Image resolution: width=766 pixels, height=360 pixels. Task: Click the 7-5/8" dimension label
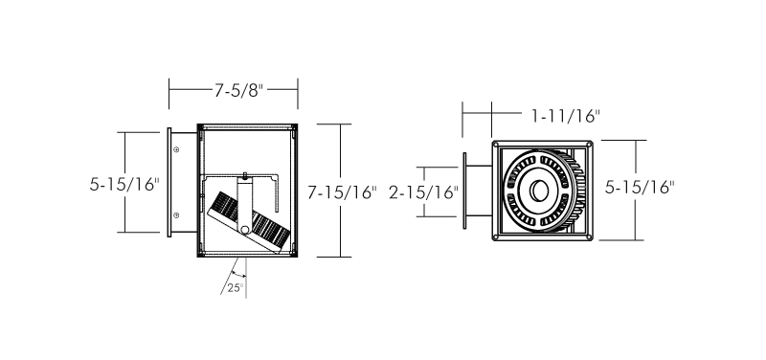coord(238,90)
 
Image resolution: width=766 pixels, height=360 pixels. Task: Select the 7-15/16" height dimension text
coord(343,193)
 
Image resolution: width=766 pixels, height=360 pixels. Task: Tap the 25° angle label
coord(235,287)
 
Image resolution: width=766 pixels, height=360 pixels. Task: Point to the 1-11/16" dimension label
coord(566,116)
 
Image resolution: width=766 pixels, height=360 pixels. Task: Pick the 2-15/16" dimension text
coord(423,193)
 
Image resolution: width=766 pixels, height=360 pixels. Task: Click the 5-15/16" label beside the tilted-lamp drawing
coord(124,184)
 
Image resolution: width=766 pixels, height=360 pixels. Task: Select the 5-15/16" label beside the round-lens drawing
coord(640,187)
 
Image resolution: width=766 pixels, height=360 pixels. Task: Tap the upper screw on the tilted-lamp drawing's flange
coord(176,149)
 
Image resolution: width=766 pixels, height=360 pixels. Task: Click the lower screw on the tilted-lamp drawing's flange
coord(176,214)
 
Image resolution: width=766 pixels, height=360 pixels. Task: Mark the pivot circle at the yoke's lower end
coord(244,229)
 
